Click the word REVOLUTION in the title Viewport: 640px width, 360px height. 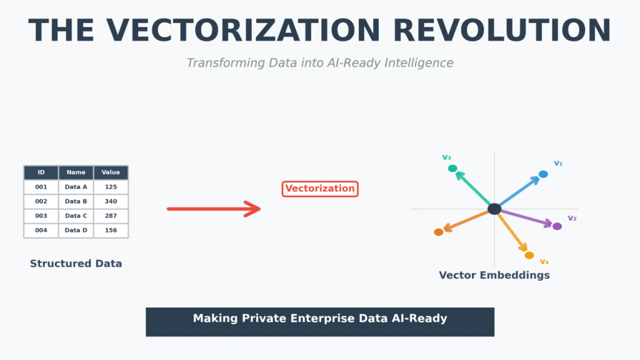[x=502, y=31]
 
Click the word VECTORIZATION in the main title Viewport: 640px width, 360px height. [x=243, y=31]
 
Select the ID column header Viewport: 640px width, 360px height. [x=41, y=172]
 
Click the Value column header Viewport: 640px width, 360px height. [x=111, y=172]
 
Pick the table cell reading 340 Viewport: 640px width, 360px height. [x=111, y=202]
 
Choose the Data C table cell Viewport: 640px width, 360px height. [x=76, y=216]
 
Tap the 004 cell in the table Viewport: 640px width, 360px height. [x=41, y=231]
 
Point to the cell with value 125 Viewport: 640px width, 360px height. [x=111, y=187]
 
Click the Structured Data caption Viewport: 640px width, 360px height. [x=76, y=264]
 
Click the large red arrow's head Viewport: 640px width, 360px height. [x=252, y=209]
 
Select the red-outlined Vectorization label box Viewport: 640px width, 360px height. [x=320, y=189]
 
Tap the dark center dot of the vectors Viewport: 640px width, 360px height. [x=494, y=209]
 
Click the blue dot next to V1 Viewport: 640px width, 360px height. [x=543, y=174]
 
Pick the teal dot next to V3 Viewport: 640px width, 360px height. [x=452, y=169]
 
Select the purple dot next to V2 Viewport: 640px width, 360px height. [x=557, y=226]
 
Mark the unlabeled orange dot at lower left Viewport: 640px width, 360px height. [x=439, y=232]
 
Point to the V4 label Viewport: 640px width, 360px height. [x=544, y=262]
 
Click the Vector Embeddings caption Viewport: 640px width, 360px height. [x=494, y=276]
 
